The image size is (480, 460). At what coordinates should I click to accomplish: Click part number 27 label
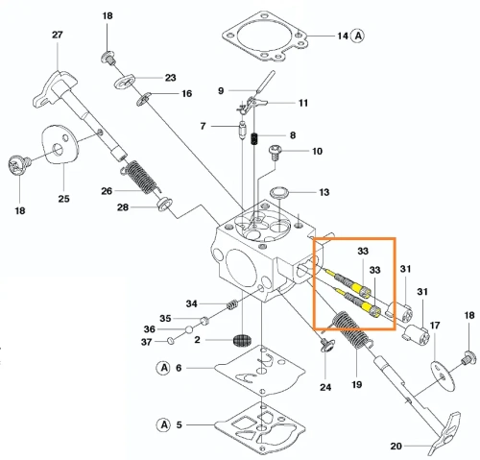click(x=58, y=35)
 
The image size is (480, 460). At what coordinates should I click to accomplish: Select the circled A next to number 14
click(x=357, y=36)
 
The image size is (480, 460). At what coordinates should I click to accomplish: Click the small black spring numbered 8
click(x=254, y=138)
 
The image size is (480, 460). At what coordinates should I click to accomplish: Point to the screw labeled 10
click(x=275, y=153)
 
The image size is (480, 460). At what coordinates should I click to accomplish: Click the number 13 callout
click(x=324, y=192)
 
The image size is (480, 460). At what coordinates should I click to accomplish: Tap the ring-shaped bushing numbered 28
click(x=164, y=204)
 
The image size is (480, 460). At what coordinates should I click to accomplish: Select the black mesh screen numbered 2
click(x=242, y=339)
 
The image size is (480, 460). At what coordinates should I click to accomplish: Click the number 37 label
click(x=146, y=342)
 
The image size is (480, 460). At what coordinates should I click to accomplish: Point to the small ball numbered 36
click(x=189, y=329)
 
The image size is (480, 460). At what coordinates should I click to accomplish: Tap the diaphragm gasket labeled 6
click(x=260, y=368)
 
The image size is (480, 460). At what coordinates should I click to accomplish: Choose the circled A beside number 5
click(x=164, y=424)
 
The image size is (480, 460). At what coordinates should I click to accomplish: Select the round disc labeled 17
click(x=443, y=376)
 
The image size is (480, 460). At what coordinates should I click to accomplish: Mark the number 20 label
click(x=396, y=446)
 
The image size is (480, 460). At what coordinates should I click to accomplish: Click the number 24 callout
click(x=325, y=387)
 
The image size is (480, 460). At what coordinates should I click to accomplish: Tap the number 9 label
click(x=221, y=90)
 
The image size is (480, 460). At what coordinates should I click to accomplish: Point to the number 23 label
click(x=171, y=78)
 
